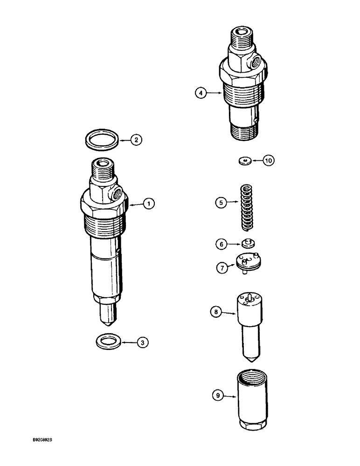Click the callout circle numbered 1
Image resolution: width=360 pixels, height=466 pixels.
pyautogui.click(x=149, y=204)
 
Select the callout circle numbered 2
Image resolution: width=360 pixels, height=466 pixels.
pyautogui.click(x=136, y=139)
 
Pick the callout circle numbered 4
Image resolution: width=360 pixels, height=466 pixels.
pyautogui.click(x=201, y=93)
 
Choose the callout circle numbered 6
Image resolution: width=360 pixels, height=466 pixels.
pyautogui.click(x=222, y=243)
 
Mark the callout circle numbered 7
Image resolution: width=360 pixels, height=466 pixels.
pyautogui.click(x=222, y=268)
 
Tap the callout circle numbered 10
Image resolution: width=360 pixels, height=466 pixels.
pyautogui.click(x=269, y=160)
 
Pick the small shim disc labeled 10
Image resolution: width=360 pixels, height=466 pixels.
pyautogui.click(x=243, y=161)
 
